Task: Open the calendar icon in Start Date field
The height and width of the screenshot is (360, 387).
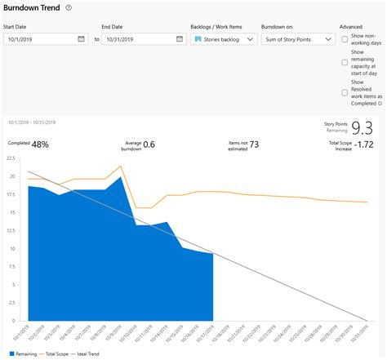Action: [x=82, y=38]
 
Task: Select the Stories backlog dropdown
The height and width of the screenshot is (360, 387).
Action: [x=222, y=38]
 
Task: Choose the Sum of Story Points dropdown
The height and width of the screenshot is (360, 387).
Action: [x=298, y=38]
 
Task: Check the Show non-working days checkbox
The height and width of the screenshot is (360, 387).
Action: [x=345, y=39]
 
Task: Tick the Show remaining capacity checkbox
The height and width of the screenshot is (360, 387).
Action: [x=345, y=62]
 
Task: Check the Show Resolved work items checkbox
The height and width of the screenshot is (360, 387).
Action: [x=345, y=92]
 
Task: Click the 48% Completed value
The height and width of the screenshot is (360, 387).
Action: [x=40, y=144]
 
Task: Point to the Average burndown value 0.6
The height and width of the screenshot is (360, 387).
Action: [x=149, y=144]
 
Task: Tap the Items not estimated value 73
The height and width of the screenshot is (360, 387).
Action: [x=254, y=144]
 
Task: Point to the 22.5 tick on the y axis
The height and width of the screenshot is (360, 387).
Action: [x=11, y=162]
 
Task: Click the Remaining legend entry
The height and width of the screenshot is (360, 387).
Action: [x=25, y=354]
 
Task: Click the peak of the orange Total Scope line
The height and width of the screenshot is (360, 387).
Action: [x=121, y=166]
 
